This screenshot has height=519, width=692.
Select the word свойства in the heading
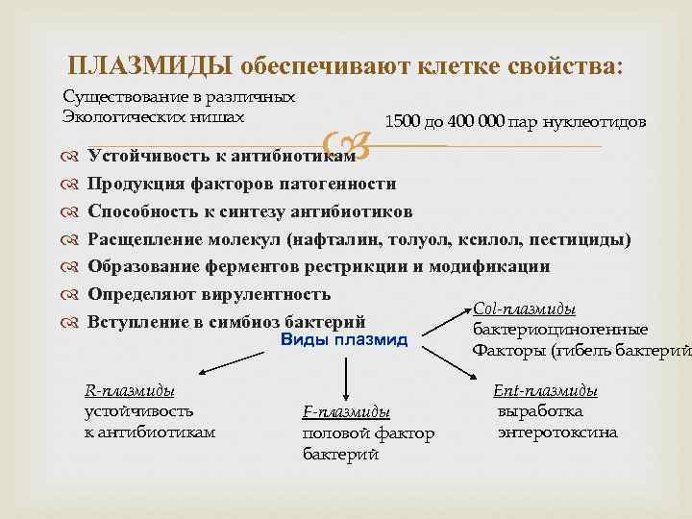coord(568,65)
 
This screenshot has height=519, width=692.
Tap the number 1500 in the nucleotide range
coord(402,122)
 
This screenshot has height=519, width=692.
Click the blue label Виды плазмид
coord(345,340)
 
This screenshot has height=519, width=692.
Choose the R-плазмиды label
coord(130,391)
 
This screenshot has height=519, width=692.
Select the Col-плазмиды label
coord(539,309)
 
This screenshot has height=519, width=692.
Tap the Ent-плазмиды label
coord(545,391)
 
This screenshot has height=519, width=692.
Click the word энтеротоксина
coord(557,432)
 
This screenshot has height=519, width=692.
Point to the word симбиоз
coord(250,322)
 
